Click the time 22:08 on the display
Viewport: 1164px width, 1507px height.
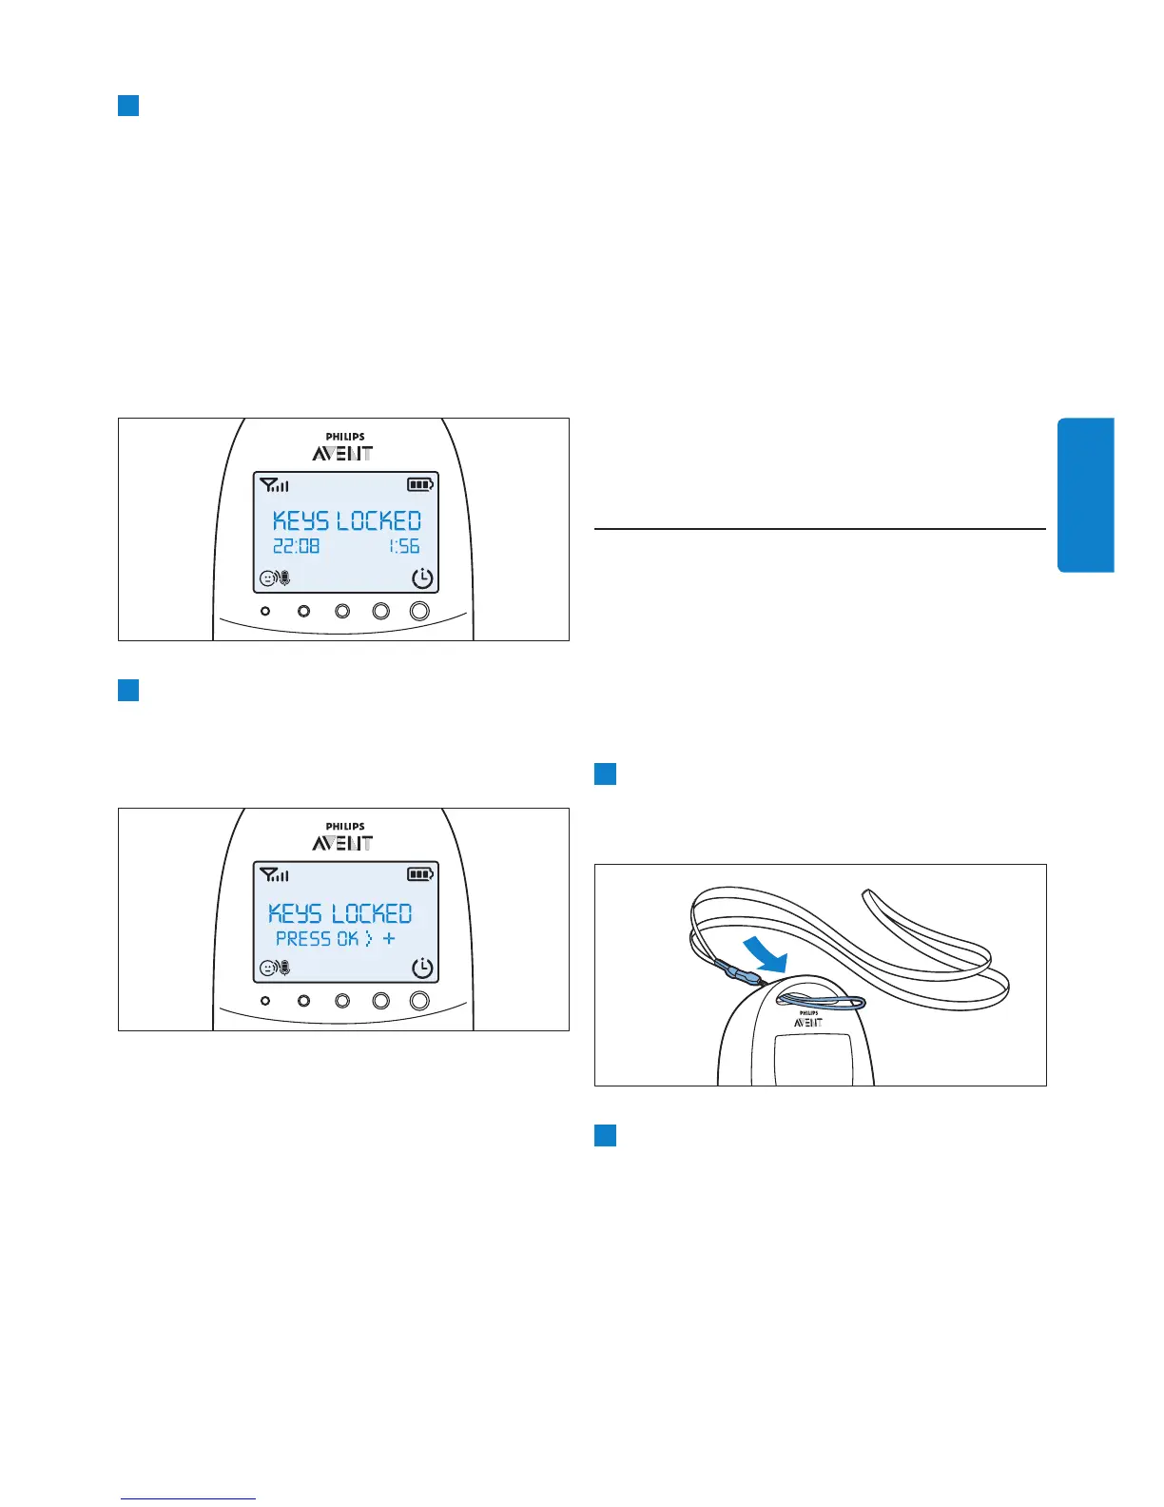pos(297,547)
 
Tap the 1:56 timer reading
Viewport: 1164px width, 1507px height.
pos(404,547)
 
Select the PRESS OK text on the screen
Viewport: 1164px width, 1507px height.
pos(317,939)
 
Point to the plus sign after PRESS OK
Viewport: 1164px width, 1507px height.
pos(389,939)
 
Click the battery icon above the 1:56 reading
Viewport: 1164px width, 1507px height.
pos(419,485)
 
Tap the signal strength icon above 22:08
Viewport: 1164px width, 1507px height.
pos(274,485)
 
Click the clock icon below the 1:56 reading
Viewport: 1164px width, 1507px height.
pos(422,578)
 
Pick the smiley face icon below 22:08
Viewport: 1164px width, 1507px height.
pos(268,578)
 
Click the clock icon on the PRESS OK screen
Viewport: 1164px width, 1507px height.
pos(422,969)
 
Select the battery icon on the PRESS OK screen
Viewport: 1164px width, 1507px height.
pos(419,874)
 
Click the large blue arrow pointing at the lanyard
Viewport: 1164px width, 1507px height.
pos(767,953)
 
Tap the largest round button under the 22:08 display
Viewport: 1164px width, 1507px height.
pos(419,612)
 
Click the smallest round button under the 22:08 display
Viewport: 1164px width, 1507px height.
pos(265,612)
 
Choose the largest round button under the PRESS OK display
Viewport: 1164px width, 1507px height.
pos(419,1001)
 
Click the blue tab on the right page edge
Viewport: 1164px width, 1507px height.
pos(1085,495)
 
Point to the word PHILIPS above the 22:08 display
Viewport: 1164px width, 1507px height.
pos(344,437)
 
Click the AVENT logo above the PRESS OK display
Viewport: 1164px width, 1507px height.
pos(342,843)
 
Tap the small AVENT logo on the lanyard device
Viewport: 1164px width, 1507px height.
pos(808,1022)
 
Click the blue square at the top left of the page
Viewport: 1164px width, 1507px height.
pos(128,105)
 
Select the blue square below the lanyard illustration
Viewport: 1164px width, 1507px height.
pos(605,1135)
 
